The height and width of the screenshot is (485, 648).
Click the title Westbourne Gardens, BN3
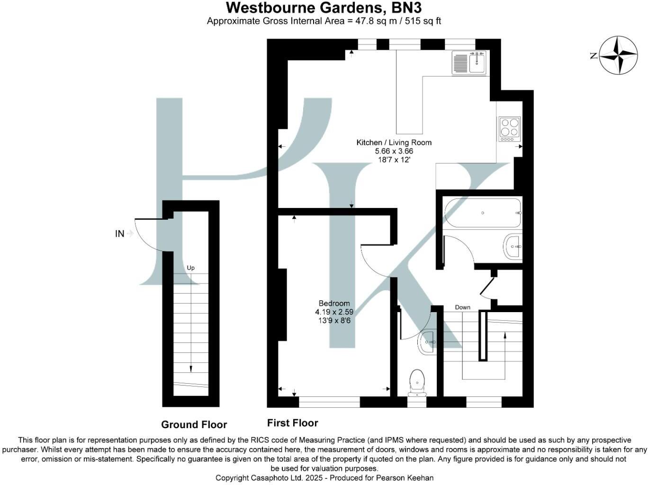[324, 8]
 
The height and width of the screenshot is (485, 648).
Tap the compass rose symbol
[619, 55]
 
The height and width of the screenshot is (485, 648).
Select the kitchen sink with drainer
[469, 63]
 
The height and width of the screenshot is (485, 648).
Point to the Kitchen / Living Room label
[394, 142]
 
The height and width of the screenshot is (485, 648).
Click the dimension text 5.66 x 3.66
[394, 151]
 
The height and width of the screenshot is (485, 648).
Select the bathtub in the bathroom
[483, 213]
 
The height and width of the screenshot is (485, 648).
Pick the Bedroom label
[334, 303]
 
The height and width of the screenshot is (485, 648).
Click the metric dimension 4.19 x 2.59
[334, 312]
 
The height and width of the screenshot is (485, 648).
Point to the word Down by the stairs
[462, 307]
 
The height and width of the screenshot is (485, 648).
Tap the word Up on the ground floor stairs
[190, 268]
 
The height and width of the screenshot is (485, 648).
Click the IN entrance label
[119, 234]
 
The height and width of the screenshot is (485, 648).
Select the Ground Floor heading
[194, 424]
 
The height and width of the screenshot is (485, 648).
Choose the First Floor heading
[292, 423]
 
